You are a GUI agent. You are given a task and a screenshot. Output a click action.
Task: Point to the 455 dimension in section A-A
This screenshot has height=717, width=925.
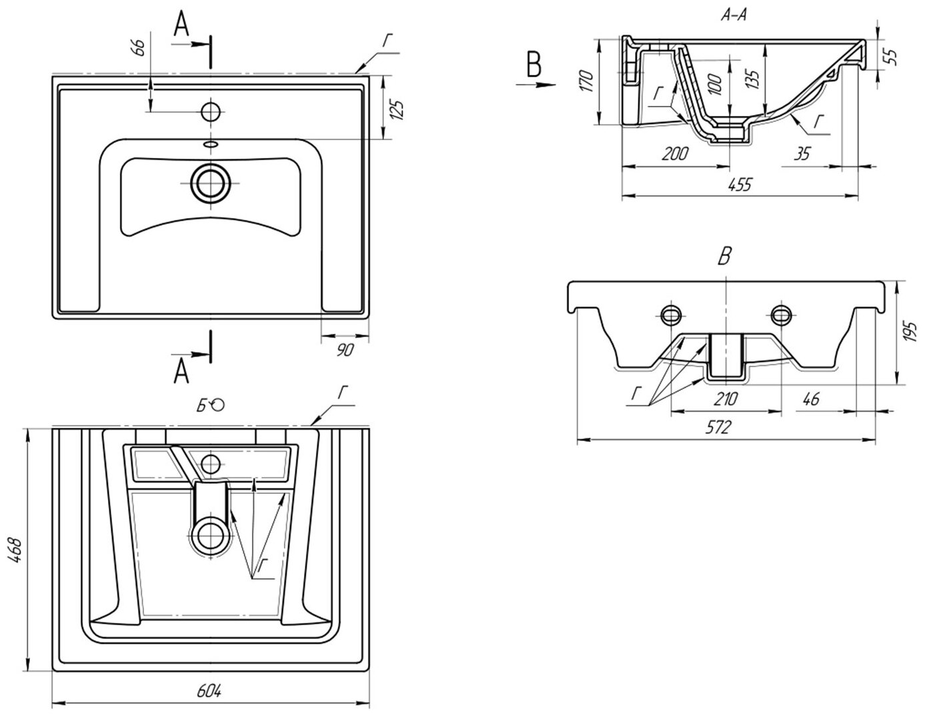click(739, 185)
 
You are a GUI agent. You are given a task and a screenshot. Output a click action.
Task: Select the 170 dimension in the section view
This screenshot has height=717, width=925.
click(586, 81)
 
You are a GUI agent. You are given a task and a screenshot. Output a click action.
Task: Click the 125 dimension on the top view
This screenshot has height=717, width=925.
click(398, 109)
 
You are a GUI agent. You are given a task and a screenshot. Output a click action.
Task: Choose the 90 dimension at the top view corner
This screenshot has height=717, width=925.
click(344, 350)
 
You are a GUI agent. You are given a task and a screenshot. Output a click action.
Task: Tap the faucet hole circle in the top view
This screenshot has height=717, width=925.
click(211, 111)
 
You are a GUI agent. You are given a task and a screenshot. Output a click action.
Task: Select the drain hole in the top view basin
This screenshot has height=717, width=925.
click(211, 184)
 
